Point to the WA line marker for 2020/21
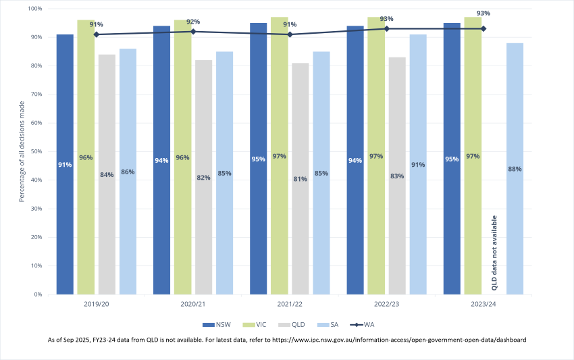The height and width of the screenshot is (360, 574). pyautogui.click(x=193, y=31)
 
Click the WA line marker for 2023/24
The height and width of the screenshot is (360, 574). pyautogui.click(x=484, y=28)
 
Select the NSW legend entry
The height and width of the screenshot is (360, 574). pyautogui.click(x=217, y=324)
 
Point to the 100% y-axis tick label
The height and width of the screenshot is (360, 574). pyautogui.click(x=34, y=9)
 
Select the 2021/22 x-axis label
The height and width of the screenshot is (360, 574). pyautogui.click(x=290, y=305)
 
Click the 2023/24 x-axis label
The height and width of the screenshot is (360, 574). pyautogui.click(x=484, y=305)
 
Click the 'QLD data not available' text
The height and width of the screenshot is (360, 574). pyautogui.click(x=494, y=253)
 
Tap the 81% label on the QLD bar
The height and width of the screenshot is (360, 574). pyautogui.click(x=301, y=179)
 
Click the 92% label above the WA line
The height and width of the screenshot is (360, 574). pyautogui.click(x=193, y=22)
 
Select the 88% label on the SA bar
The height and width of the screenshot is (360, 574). pyautogui.click(x=515, y=169)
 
